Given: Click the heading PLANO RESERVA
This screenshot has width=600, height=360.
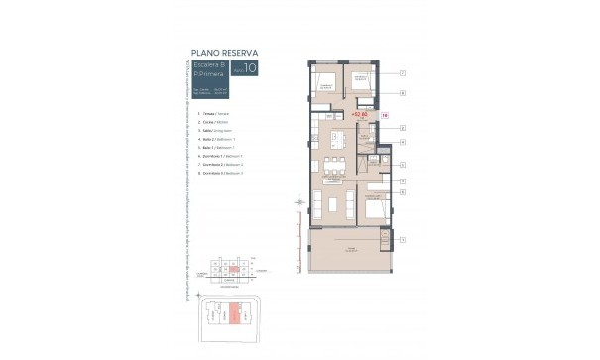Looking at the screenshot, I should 224,53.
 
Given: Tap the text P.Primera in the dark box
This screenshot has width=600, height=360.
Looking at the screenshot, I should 208,76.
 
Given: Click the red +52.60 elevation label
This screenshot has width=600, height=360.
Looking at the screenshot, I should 360,115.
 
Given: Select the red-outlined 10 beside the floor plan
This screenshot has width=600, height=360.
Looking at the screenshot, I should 384,116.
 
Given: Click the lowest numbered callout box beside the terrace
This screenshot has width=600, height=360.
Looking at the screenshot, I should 403,240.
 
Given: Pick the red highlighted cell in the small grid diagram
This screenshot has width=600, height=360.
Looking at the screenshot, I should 230,270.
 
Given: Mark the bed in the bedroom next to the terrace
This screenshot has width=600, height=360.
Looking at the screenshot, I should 375,207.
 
